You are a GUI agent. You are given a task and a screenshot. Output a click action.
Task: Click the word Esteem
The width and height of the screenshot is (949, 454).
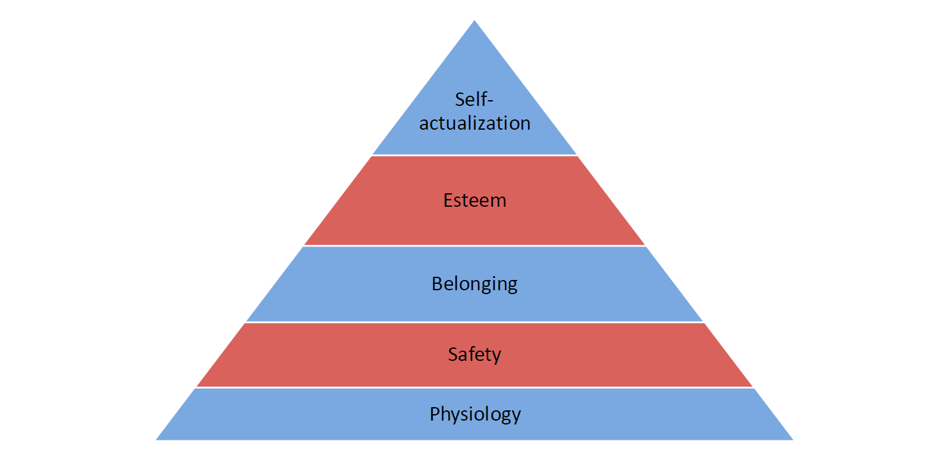(475, 200)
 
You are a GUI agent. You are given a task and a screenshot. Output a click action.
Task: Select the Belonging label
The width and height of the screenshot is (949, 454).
(475, 284)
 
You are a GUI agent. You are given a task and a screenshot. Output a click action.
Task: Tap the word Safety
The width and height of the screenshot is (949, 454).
(475, 354)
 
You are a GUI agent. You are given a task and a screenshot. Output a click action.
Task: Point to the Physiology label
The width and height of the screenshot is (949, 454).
(475, 414)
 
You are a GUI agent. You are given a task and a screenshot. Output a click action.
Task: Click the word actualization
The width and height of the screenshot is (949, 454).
(475, 123)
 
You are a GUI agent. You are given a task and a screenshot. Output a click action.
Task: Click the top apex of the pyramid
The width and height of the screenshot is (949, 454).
(475, 21)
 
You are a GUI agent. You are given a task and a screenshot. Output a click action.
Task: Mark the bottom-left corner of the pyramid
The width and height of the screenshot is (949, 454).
(157, 439)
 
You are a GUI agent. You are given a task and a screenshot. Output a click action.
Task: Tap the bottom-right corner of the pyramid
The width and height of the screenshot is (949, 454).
(792, 439)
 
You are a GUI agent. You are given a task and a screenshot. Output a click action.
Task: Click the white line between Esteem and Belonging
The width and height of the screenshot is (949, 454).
(475, 246)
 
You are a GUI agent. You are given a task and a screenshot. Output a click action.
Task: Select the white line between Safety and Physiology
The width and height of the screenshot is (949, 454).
(475, 387)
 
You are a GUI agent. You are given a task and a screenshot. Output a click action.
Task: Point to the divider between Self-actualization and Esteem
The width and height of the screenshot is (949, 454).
(475, 155)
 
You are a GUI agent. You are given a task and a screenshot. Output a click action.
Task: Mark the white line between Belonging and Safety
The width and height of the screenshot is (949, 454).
(475, 322)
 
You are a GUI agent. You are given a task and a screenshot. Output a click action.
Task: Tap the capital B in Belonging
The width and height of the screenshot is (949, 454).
(437, 283)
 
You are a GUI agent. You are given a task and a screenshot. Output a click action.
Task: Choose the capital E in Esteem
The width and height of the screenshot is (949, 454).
(448, 200)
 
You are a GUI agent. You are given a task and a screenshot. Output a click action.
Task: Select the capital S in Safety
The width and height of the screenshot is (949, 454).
(453, 354)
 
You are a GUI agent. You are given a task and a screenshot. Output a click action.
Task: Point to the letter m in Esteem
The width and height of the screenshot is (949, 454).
(499, 201)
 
